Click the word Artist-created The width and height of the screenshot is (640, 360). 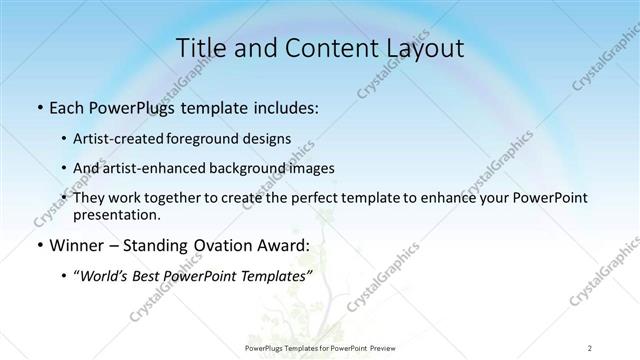coord(127,139)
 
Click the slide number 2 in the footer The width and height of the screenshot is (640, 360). coord(590,347)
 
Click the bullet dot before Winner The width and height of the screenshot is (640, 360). coord(39,245)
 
